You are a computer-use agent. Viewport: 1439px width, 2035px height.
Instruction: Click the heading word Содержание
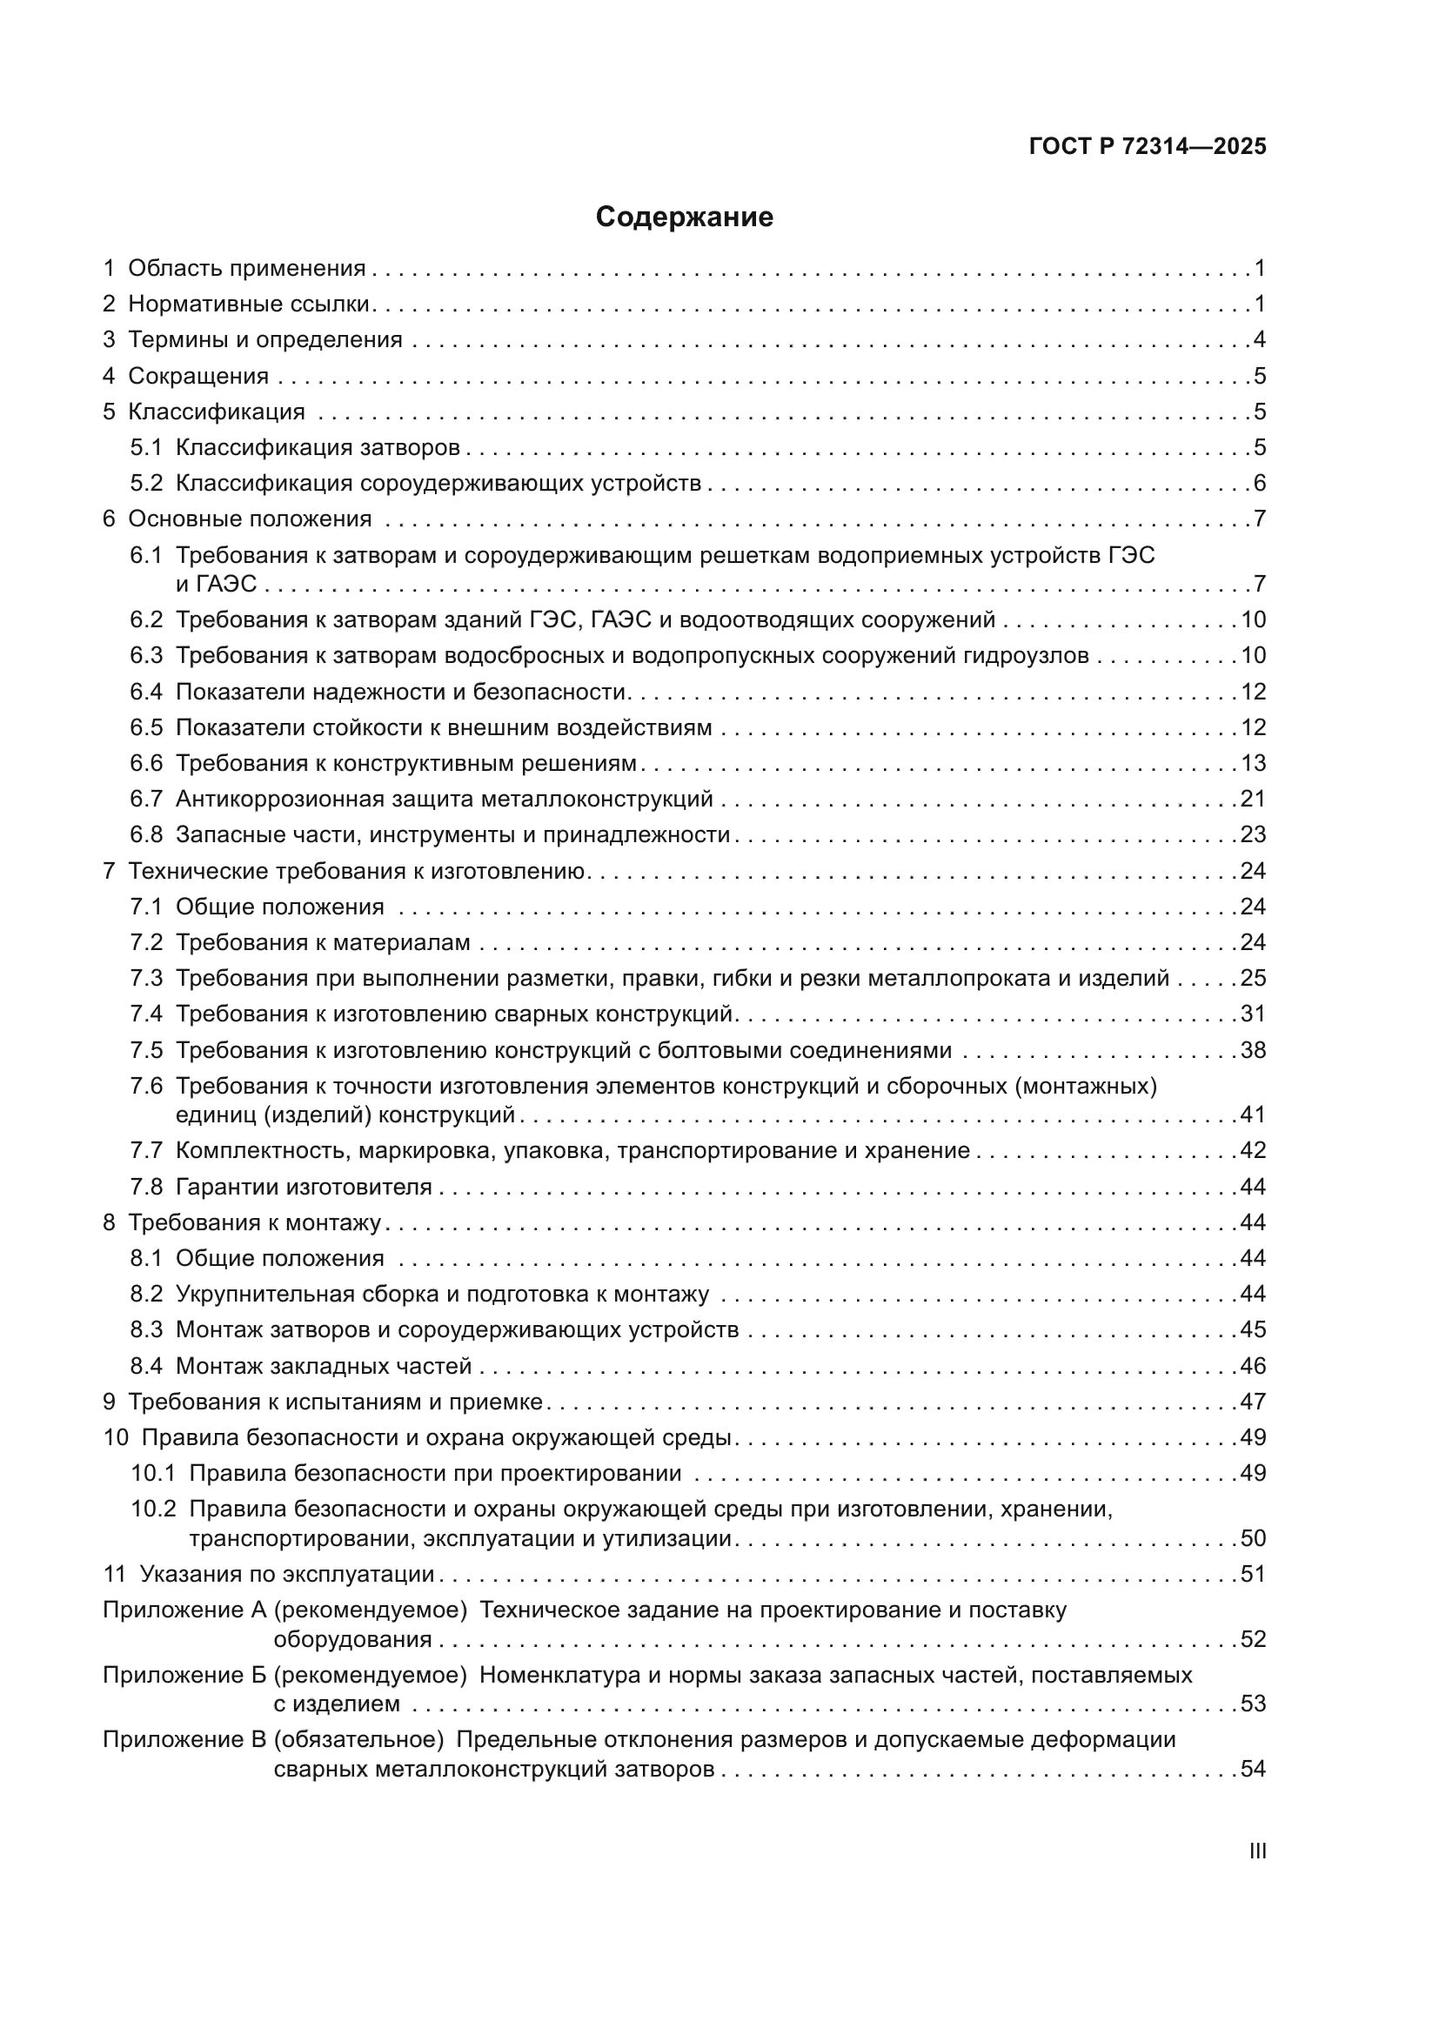tap(684, 218)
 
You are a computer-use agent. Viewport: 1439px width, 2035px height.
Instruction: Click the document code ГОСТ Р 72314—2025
tap(1148, 147)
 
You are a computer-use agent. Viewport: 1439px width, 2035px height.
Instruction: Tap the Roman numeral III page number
tap(1256, 1851)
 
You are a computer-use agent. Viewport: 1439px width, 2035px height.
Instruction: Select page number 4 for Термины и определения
tap(1259, 339)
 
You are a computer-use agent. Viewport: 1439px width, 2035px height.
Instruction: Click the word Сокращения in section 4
tap(198, 376)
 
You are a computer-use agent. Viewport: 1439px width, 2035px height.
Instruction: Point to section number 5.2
tap(146, 483)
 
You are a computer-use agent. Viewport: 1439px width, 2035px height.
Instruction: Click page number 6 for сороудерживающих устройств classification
tap(1259, 483)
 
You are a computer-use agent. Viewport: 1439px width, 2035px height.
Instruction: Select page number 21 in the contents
tap(1253, 799)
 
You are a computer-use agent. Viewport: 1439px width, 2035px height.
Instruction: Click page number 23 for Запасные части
tap(1253, 835)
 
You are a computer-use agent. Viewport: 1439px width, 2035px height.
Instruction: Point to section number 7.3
tap(146, 979)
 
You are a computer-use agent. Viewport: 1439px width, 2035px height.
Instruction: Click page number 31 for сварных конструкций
tap(1253, 1014)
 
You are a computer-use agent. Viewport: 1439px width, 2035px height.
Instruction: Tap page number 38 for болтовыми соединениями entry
tap(1253, 1050)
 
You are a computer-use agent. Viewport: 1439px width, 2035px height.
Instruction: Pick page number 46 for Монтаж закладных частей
tap(1253, 1366)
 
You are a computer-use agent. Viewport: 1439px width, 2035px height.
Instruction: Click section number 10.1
tap(153, 1474)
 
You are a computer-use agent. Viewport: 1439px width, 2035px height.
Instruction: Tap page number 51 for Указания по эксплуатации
tap(1253, 1574)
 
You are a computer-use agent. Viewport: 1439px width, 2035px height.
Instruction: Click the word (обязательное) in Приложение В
tap(358, 1740)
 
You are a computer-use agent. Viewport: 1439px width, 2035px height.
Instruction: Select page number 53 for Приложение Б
tap(1253, 1704)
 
